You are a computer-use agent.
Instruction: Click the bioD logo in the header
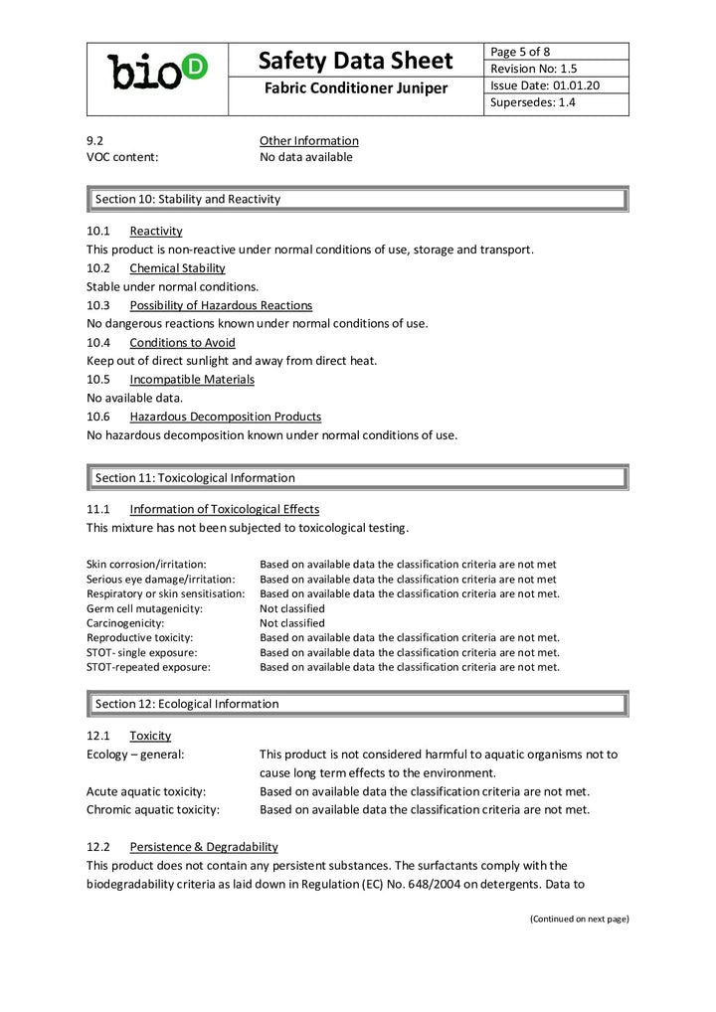point(157,72)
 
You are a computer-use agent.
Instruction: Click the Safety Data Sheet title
point(356,61)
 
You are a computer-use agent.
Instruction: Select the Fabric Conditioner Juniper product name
point(356,89)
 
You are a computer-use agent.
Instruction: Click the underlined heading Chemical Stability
point(177,268)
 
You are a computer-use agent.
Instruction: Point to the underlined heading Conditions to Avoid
point(182,343)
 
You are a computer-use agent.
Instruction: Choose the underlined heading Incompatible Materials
point(192,380)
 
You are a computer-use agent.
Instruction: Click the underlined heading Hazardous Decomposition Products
point(225,417)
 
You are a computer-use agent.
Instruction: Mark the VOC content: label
point(122,157)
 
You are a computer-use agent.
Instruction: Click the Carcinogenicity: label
point(122,623)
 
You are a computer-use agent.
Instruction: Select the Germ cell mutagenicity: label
point(144,608)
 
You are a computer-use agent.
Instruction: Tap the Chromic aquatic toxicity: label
point(153,810)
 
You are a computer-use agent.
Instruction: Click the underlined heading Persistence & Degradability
point(204,847)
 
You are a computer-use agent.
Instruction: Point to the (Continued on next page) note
point(579,919)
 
